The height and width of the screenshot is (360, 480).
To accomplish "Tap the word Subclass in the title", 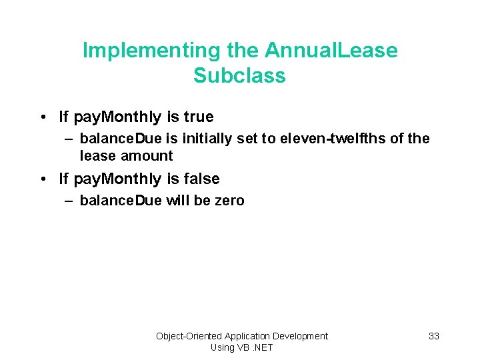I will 239,76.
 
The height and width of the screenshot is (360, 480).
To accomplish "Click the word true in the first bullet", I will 199,117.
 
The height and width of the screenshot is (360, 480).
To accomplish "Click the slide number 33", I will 433,336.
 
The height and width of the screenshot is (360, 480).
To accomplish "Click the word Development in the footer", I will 299,336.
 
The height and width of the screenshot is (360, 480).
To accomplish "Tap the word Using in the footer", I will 222,347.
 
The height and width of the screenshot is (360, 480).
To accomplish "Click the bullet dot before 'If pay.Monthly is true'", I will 42,117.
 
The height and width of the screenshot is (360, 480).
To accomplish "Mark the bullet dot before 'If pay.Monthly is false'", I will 42,179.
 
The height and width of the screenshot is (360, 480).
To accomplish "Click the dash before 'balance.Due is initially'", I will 69,139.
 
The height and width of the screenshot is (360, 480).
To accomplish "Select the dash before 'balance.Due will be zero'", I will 69,201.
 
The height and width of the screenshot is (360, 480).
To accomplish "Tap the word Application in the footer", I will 247,336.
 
